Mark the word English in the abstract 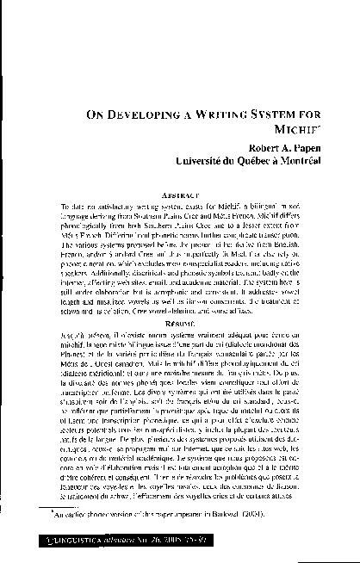pos(309,221)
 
